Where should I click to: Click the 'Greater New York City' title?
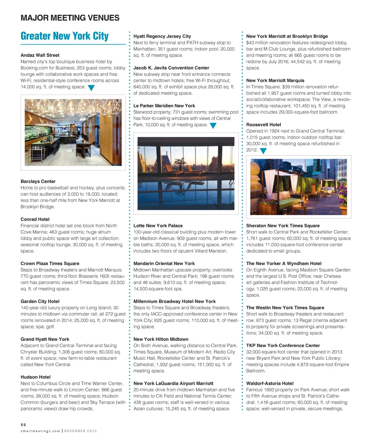point(65,36)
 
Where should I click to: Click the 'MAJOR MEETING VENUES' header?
point(70,18)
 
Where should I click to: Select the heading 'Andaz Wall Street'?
point(40,55)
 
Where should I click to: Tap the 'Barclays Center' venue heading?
point(38,181)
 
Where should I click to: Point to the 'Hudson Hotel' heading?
point(35,377)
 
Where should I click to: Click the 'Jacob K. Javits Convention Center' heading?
point(171,68)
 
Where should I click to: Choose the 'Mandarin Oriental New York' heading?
point(164,263)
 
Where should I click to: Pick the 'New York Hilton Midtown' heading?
point(161,339)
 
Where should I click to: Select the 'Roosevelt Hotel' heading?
point(263,125)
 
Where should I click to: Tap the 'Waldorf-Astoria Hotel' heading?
point(270,383)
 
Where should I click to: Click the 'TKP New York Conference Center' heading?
point(283,345)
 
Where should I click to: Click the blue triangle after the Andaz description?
point(91,87)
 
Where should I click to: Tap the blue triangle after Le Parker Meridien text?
point(213,126)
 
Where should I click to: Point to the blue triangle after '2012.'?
point(263,151)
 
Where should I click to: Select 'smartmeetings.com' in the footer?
point(40,431)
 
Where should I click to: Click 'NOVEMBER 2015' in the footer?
point(81,431)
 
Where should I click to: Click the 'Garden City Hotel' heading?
point(40,301)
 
